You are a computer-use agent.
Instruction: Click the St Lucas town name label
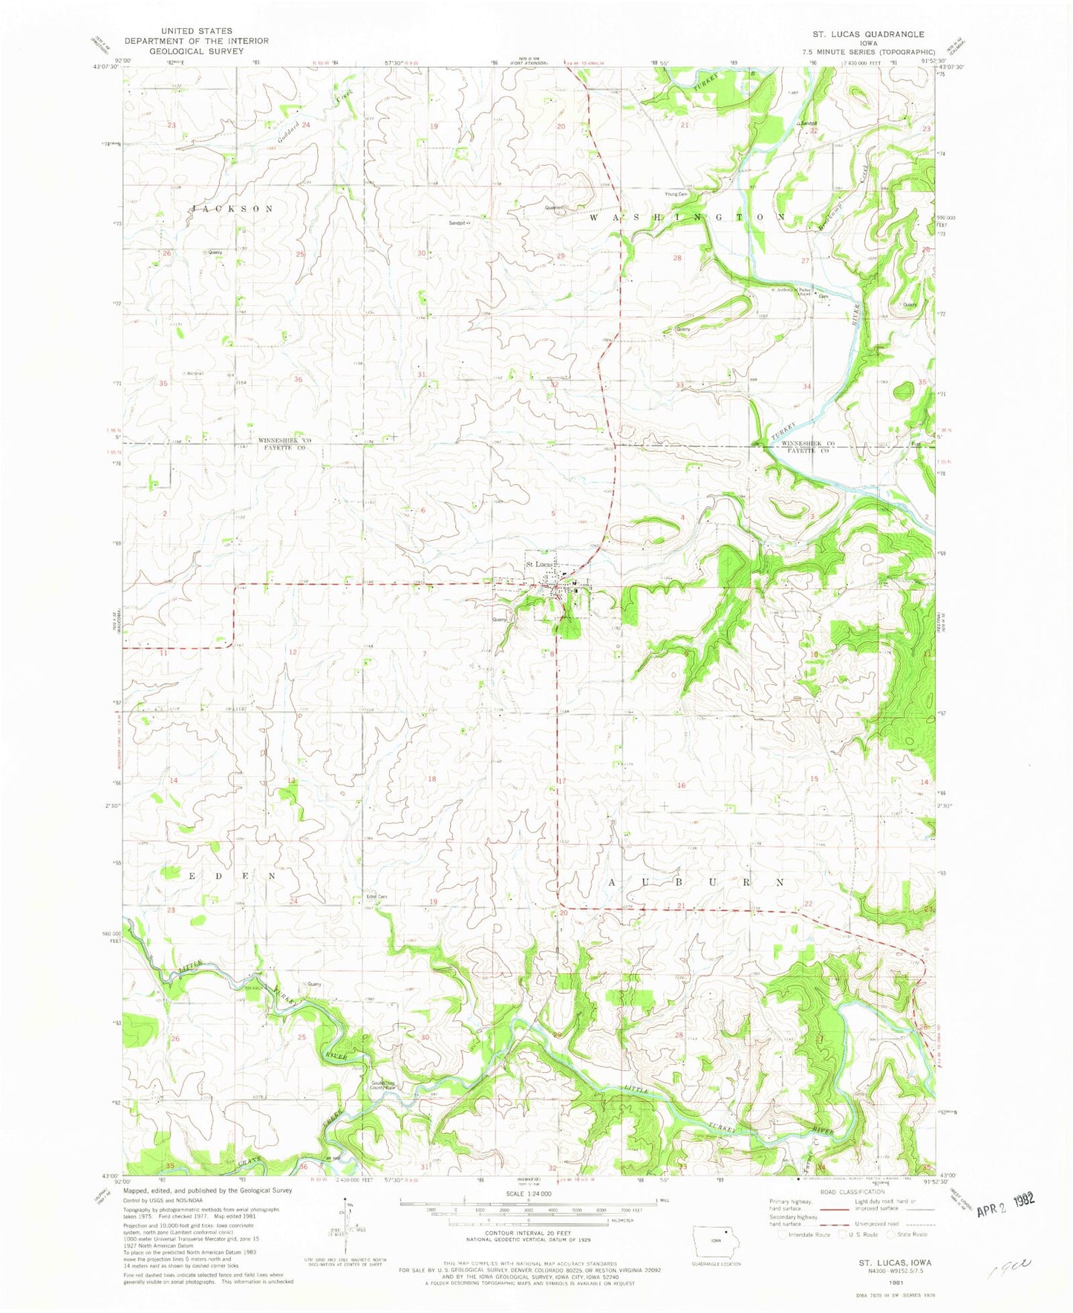pos(538,564)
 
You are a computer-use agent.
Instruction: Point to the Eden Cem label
pos(376,897)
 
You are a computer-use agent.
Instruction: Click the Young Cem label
pos(676,194)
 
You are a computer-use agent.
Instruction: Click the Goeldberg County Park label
pos(386,1085)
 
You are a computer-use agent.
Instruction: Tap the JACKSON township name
pos(234,209)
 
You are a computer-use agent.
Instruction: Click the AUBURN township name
pos(696,882)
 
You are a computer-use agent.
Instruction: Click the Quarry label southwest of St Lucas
pos(499,619)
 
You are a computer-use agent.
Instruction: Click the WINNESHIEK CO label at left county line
pos(284,441)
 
